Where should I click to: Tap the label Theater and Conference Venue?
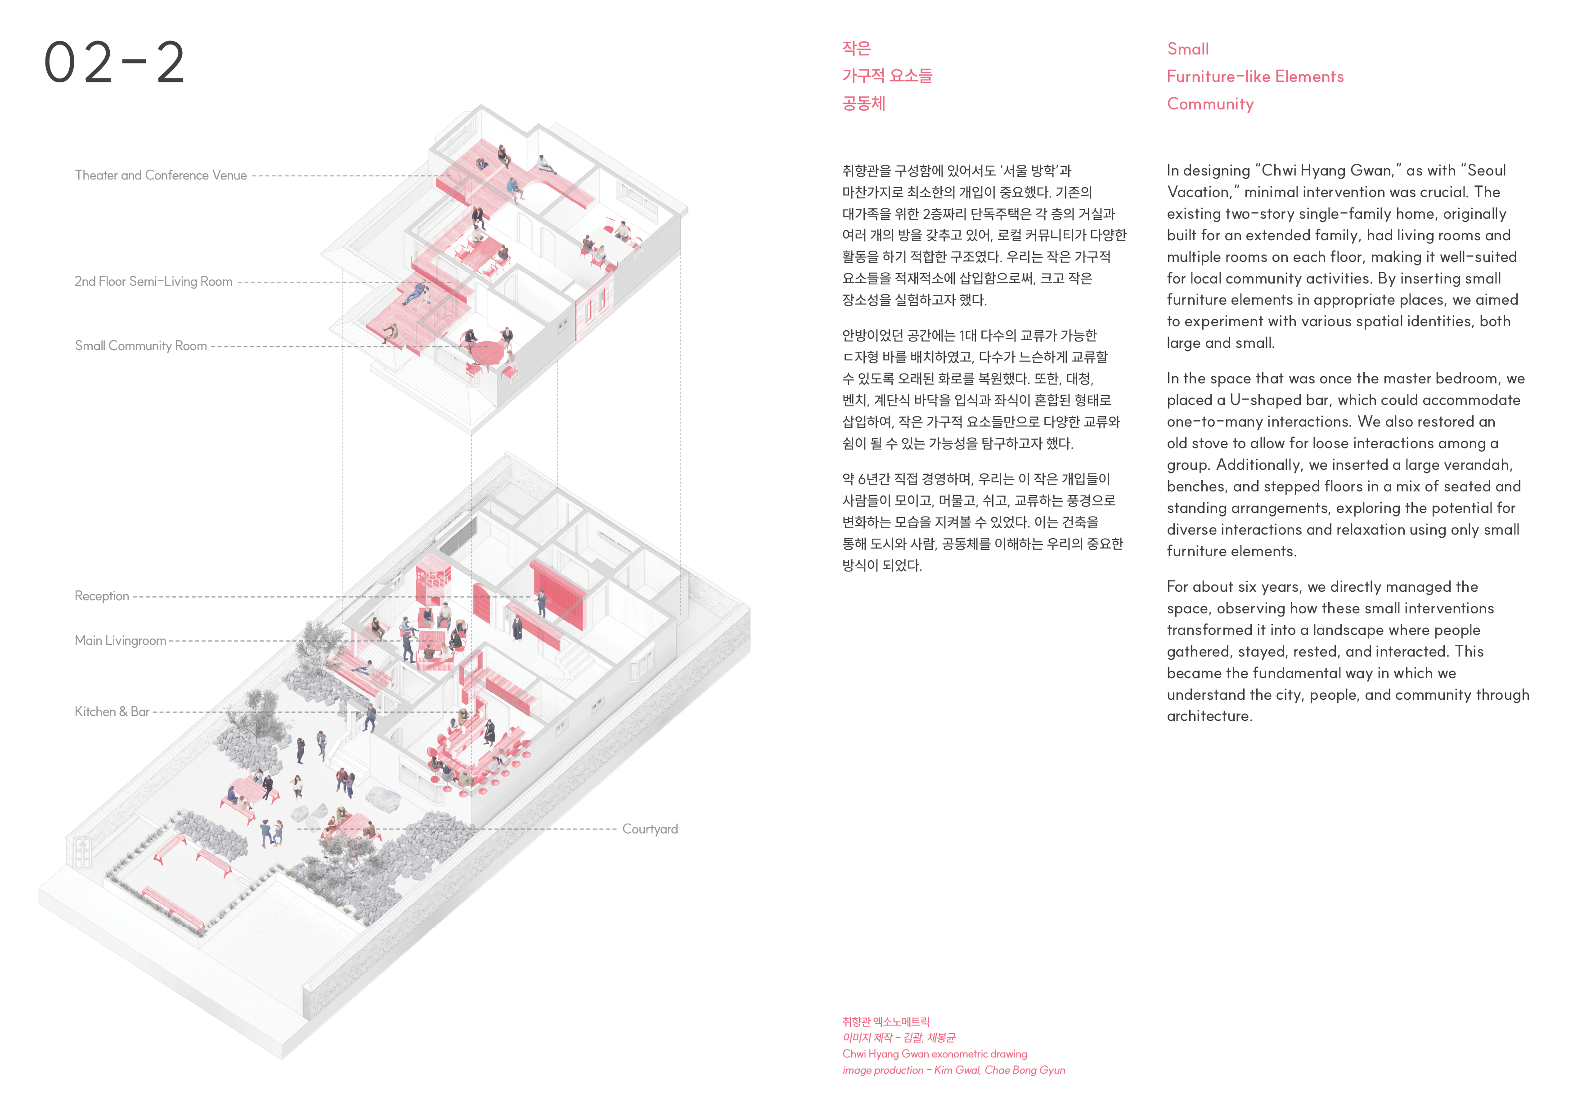[161, 175]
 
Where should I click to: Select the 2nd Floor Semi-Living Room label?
[153, 281]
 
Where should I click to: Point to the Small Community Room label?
[141, 346]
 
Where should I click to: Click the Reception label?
[102, 596]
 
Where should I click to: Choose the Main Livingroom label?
[120, 640]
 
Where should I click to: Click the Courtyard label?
[650, 829]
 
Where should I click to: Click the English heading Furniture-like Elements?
[1255, 76]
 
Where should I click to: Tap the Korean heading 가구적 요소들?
[887, 76]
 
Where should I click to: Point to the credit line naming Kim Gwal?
[953, 1070]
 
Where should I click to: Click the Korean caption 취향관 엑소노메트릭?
[885, 1022]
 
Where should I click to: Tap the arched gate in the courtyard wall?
[82, 853]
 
